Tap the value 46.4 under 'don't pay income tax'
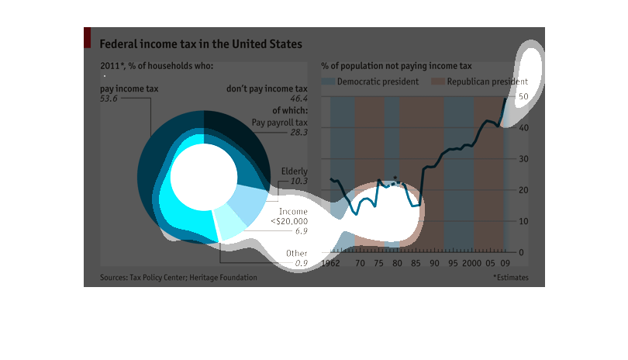coord(298,99)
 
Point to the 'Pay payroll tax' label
coord(280,123)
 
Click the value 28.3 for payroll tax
coord(298,133)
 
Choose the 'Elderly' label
coord(295,171)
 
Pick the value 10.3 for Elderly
coord(298,181)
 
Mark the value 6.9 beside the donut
coord(301,231)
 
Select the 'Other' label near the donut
coord(296,254)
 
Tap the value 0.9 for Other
coord(301,265)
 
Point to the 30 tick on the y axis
coord(524,159)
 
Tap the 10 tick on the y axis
coord(524,222)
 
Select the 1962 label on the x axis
coord(331,264)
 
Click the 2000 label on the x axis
coord(473,264)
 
